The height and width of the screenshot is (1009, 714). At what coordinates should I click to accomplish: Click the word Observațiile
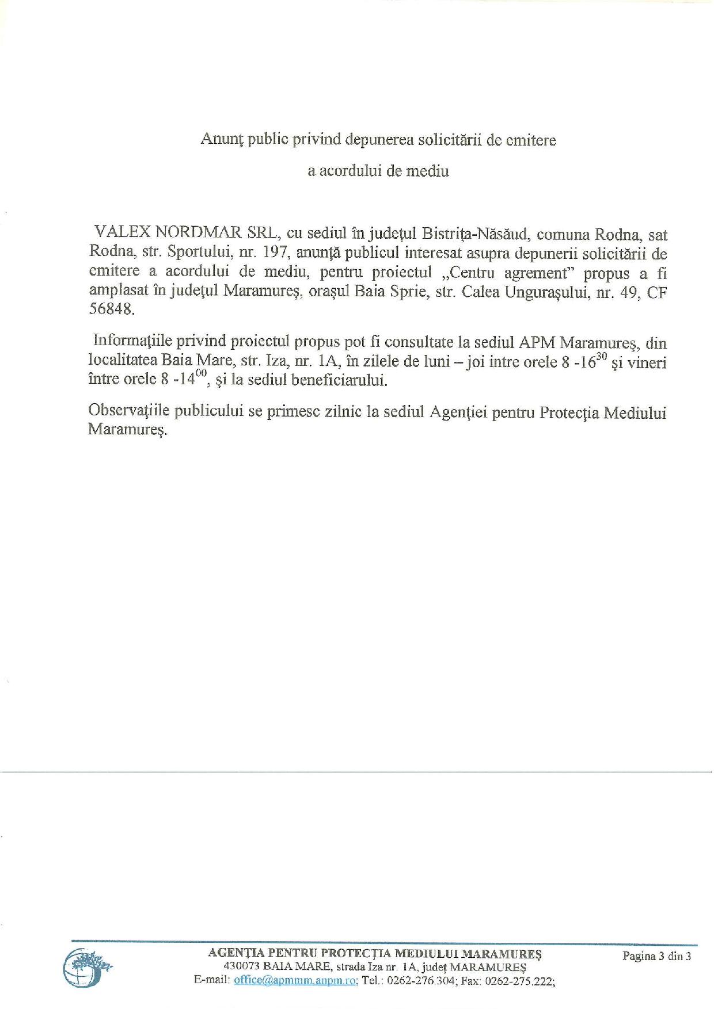pos(130,412)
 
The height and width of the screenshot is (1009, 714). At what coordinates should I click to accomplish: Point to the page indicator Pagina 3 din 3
pos(656,956)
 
